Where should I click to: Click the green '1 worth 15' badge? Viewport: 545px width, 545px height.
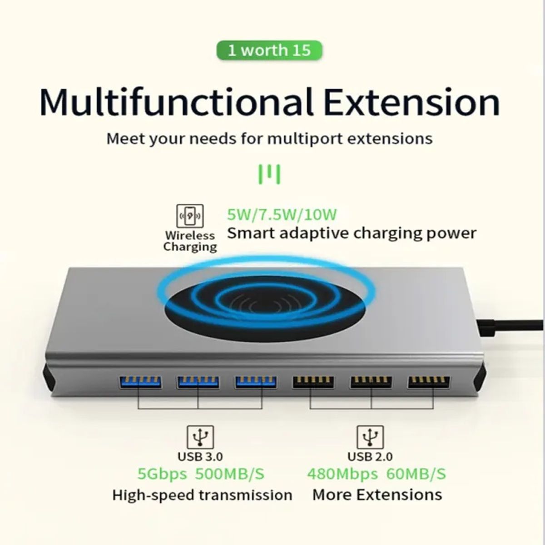(269, 50)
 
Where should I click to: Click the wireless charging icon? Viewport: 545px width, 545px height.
(189, 216)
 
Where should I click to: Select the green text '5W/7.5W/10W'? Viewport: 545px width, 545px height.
(282, 214)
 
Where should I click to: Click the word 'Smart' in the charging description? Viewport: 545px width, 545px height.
(251, 233)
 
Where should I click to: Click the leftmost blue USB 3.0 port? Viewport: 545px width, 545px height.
(139, 382)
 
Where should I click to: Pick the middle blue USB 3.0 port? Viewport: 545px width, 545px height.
(198, 382)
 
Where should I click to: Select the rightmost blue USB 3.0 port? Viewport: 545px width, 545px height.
(255, 382)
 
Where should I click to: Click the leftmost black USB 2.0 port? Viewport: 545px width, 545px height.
(313, 382)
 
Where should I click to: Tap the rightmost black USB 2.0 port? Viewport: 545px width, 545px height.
(429, 382)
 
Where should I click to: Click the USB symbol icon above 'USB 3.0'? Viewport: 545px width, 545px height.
(200, 437)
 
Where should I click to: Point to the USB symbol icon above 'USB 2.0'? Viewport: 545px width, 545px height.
(370, 437)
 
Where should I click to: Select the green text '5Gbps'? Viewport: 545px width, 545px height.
(162, 474)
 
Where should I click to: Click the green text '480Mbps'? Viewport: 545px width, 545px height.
(342, 474)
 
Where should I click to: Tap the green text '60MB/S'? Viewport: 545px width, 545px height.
(416, 474)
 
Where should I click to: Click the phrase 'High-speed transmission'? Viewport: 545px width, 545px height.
(202, 495)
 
